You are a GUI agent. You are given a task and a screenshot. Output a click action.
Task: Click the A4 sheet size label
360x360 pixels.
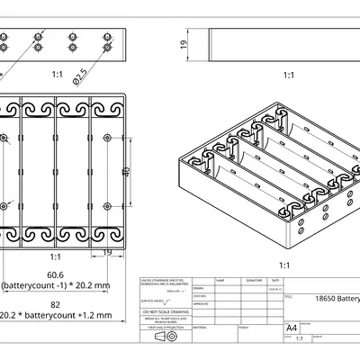click(x=291, y=328)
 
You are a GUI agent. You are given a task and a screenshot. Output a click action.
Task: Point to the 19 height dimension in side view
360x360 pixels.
click(x=183, y=44)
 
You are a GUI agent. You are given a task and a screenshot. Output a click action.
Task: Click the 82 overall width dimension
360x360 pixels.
click(x=56, y=305)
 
